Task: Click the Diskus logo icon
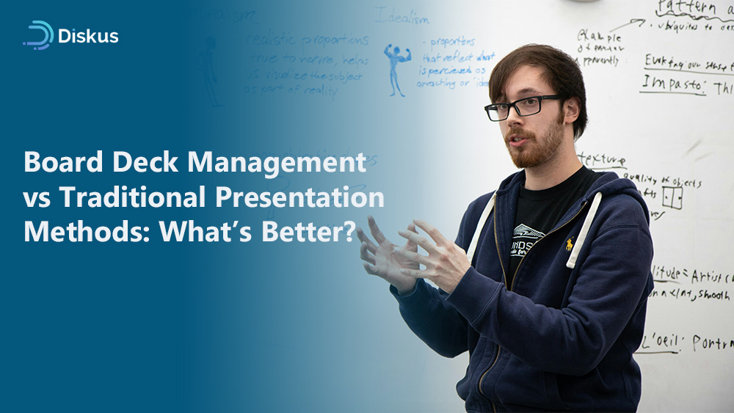[38, 35]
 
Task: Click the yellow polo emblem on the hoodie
[570, 243]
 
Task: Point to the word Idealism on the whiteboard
[401, 14]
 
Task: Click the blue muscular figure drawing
[396, 68]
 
